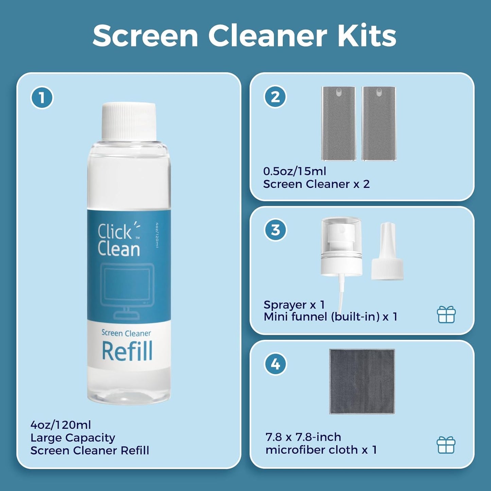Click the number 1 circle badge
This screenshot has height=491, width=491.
42,98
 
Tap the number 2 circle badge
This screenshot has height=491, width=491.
275,97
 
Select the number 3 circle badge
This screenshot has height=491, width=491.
275,230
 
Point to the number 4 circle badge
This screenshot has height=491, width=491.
275,364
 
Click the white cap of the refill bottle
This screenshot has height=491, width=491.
129,121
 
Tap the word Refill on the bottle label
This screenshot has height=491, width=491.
127,351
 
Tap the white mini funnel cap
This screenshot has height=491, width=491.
387,253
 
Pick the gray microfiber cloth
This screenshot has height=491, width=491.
362,381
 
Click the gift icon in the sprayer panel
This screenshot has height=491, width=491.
446,315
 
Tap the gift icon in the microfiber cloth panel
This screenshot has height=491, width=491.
445,445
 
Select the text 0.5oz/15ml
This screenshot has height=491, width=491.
295,171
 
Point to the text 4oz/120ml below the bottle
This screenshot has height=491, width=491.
61,425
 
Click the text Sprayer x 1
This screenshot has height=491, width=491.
294,304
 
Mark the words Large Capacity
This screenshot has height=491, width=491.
73,438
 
